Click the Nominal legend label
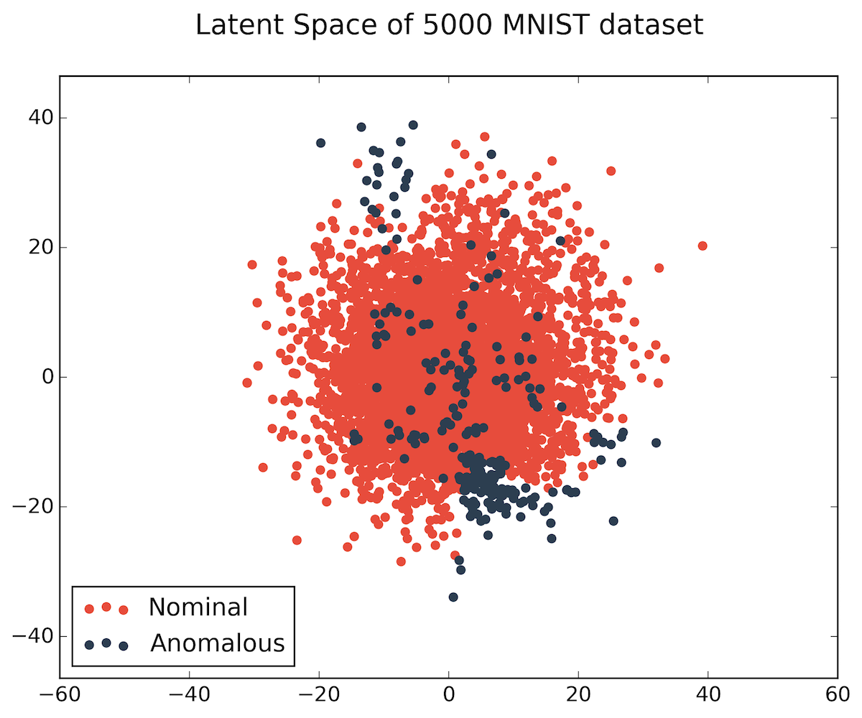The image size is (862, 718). point(198,607)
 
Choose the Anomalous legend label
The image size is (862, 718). point(218,643)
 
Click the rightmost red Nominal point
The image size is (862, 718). point(703,246)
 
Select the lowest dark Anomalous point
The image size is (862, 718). point(453,597)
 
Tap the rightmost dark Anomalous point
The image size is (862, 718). point(656,442)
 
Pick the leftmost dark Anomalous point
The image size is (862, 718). point(320,143)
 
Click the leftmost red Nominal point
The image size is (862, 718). point(247,383)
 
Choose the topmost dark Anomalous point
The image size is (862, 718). point(413,125)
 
